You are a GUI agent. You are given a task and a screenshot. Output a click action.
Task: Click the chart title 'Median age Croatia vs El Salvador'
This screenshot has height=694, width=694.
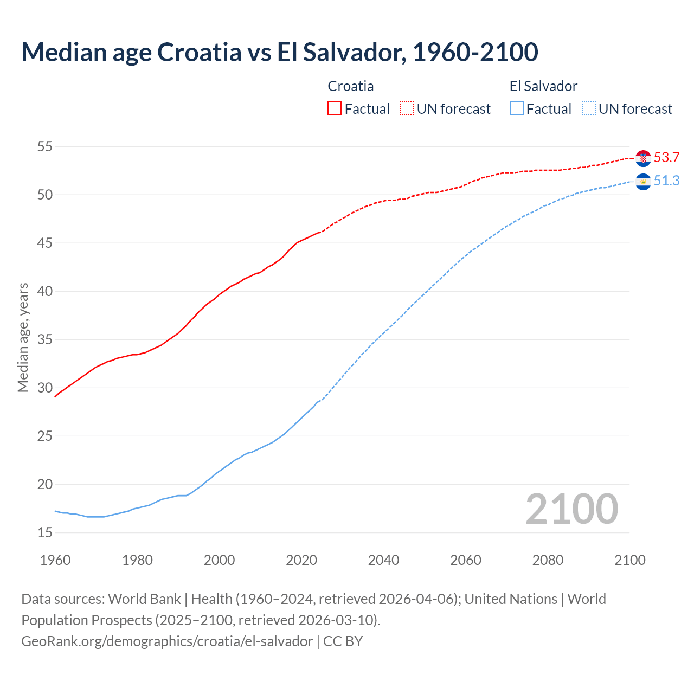click(279, 52)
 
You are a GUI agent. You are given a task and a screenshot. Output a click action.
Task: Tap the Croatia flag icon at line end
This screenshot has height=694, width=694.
click(643, 158)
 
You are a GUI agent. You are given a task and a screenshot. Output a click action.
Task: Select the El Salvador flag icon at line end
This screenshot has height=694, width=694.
click(643, 181)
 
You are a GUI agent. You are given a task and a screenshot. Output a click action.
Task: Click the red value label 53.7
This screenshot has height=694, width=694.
click(666, 158)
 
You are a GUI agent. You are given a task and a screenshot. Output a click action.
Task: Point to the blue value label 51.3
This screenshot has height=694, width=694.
click(666, 181)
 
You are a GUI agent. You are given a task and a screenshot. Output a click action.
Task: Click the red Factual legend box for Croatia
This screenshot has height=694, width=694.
click(335, 109)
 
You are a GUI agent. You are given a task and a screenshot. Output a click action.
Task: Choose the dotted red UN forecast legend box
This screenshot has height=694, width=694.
click(407, 109)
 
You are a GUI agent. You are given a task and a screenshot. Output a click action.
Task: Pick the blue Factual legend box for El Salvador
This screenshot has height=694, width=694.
click(517, 109)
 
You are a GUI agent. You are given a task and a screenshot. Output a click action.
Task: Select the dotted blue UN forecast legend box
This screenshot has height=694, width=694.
click(589, 109)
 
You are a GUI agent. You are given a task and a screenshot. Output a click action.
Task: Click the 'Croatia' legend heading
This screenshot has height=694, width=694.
click(351, 86)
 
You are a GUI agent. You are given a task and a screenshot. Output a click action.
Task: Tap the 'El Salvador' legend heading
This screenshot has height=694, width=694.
click(543, 86)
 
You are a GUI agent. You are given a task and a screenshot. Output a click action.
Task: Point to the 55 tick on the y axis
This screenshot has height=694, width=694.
click(45, 146)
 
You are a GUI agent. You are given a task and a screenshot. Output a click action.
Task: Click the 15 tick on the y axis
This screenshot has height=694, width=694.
click(45, 533)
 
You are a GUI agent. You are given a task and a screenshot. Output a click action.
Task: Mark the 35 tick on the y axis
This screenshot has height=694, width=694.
click(45, 340)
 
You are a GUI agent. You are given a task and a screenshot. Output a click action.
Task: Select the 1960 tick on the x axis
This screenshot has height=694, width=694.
click(55, 560)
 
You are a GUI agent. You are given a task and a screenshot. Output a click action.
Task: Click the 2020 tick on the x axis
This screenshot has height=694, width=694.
click(301, 560)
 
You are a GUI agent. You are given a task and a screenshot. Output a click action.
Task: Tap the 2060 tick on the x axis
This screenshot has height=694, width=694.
click(466, 560)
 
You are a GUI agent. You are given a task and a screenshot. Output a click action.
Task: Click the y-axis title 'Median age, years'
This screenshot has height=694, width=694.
click(23, 337)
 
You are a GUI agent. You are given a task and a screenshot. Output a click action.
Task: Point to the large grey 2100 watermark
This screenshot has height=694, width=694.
click(571, 509)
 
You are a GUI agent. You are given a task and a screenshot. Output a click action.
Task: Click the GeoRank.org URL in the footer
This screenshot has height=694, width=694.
click(167, 641)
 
